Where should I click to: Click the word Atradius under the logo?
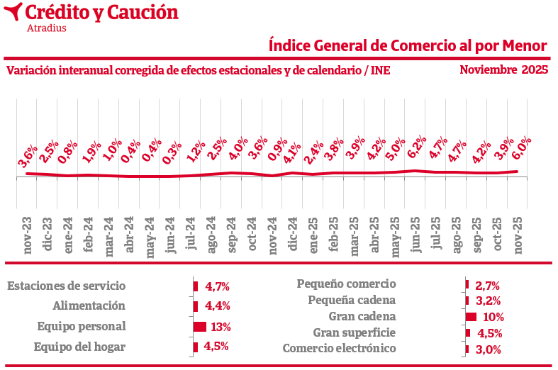(46, 28)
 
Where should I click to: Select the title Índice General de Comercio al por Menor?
(408, 45)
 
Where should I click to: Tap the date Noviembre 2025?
(503, 69)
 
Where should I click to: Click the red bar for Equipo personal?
(200, 327)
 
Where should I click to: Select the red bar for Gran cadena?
(471, 317)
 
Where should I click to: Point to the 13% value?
(221, 327)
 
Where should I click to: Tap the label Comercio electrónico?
(339, 348)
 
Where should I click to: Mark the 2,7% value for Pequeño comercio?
(488, 286)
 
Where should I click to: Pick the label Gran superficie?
(355, 332)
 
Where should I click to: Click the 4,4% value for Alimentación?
(217, 306)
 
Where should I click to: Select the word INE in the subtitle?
(380, 70)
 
